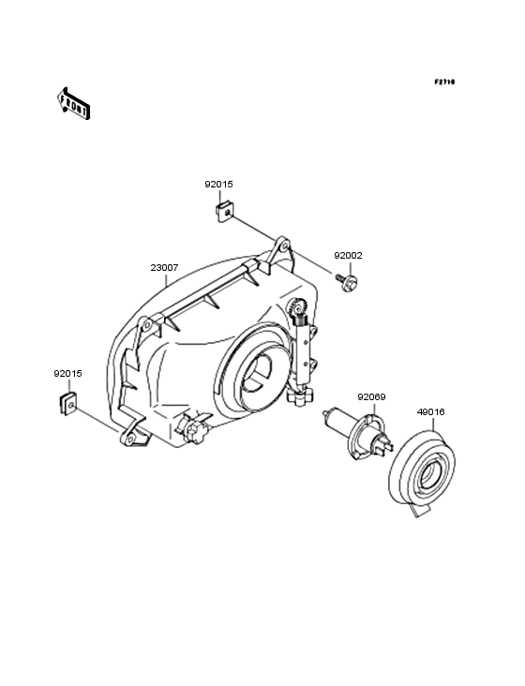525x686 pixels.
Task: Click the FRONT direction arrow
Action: pos(73,104)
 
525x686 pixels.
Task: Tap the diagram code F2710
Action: pos(444,82)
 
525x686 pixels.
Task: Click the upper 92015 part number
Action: pos(218,185)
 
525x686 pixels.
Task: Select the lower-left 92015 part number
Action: pos(67,374)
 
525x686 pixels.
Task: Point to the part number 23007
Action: pos(164,268)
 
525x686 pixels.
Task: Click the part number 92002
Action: pos(348,256)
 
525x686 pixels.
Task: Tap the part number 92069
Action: pos(371,397)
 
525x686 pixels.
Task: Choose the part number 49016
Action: pos(431,412)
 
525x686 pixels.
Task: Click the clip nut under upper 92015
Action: pos(225,212)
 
